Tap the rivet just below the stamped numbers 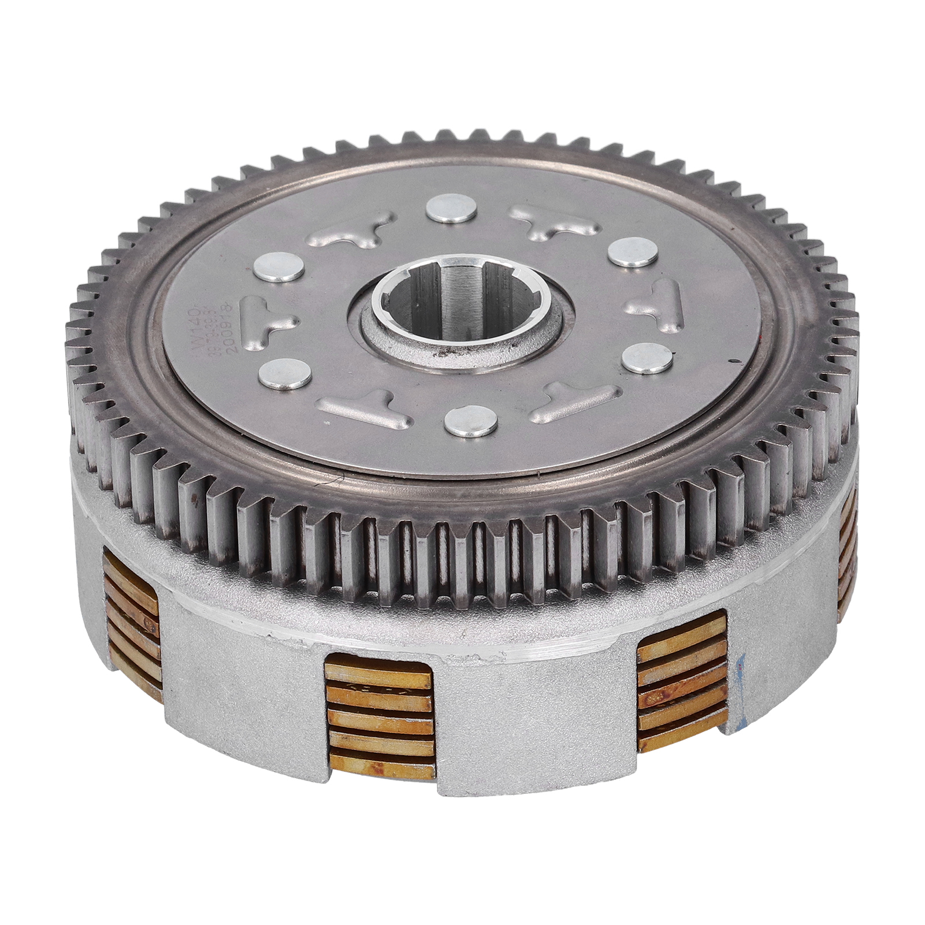[x=283, y=372]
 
